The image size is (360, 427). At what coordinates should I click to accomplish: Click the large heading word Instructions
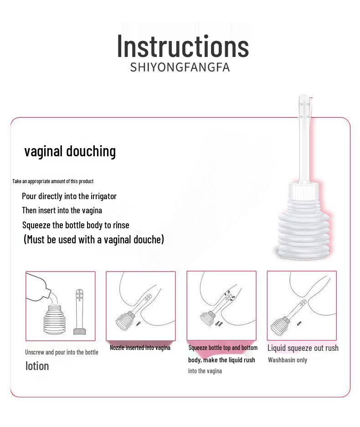coord(183,46)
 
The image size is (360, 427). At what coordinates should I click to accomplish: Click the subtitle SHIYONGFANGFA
coord(180,67)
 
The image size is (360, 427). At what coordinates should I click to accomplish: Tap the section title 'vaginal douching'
coord(70,151)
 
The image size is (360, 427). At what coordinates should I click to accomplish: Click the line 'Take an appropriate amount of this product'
coord(53,181)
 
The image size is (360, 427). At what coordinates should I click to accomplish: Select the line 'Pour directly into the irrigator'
coord(69,196)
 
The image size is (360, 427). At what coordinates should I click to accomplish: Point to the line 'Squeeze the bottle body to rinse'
coord(76,225)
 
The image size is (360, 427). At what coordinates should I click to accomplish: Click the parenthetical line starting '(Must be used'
coord(94,240)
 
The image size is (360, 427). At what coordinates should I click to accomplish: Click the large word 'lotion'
coord(37,366)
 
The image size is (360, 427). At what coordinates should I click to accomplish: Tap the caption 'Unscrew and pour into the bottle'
coord(62,352)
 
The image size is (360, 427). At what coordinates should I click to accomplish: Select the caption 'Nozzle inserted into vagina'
coord(140,348)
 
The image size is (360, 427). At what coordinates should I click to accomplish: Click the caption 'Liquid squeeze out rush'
coord(303,348)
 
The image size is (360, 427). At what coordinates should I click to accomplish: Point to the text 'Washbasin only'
coord(287,360)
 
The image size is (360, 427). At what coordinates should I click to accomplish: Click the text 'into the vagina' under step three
coord(205,371)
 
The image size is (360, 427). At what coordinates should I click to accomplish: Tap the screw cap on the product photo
coord(303,190)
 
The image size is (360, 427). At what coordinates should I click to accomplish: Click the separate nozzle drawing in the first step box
coord(79,312)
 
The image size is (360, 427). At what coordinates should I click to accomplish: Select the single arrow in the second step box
coord(139,324)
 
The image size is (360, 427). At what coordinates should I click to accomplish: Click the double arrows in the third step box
coord(219,324)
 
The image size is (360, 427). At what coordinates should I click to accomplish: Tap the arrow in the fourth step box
coord(299,323)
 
